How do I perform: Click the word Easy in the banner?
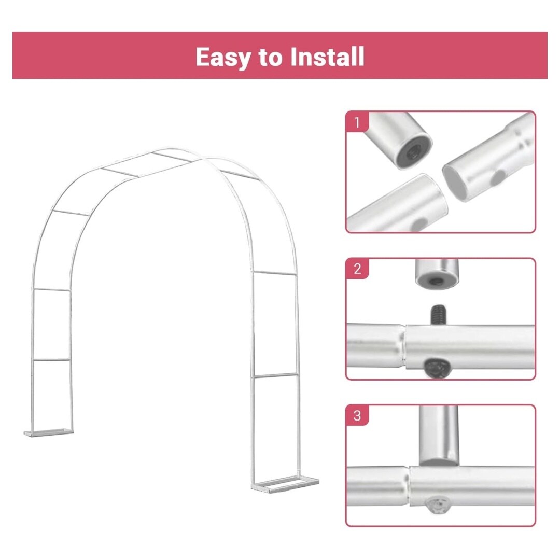pyautogui.click(x=223, y=57)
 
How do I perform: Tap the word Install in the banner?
pyautogui.click(x=328, y=57)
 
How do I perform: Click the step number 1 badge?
pyautogui.click(x=357, y=122)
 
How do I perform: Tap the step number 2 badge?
pyautogui.click(x=357, y=269)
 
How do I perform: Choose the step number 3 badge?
pyautogui.click(x=357, y=415)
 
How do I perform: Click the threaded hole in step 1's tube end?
pyautogui.click(x=414, y=153)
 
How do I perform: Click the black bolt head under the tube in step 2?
pyautogui.click(x=436, y=368)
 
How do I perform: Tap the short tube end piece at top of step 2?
pyautogui.click(x=437, y=273)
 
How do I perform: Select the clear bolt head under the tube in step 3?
pyautogui.click(x=439, y=505)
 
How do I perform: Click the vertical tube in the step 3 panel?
pyautogui.click(x=439, y=436)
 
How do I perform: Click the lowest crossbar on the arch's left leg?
pyautogui.click(x=51, y=360)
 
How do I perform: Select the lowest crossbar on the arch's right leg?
pyautogui.click(x=275, y=375)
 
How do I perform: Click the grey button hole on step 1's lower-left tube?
pyautogui.click(x=418, y=224)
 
